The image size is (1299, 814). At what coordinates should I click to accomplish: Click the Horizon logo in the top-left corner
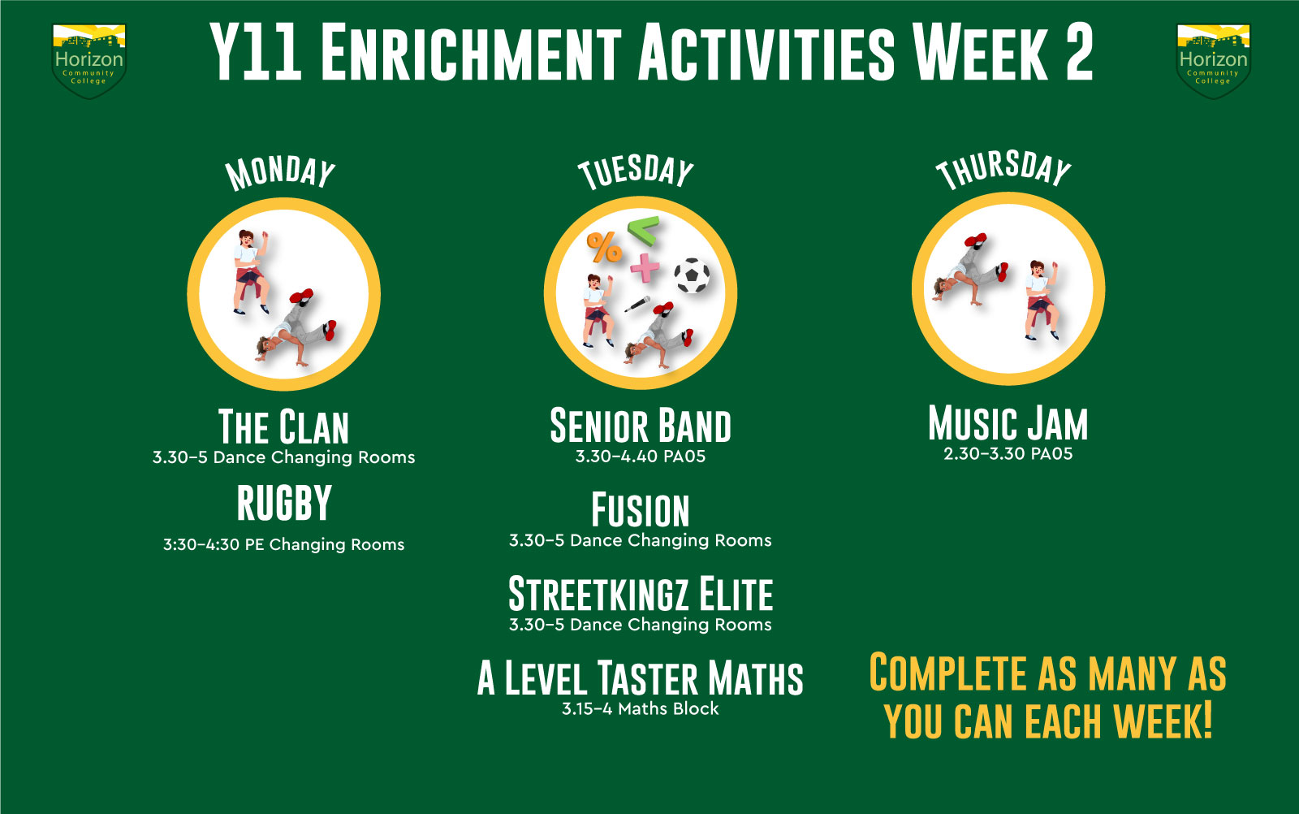[x=88, y=61]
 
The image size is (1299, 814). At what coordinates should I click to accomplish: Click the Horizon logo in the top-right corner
[x=1213, y=61]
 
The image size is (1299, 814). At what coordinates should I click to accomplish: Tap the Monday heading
[x=281, y=173]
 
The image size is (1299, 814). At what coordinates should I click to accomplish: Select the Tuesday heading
[x=637, y=171]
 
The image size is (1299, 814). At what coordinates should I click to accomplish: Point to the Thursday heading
[x=1003, y=170]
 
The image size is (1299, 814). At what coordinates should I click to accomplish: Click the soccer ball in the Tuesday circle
[x=692, y=275]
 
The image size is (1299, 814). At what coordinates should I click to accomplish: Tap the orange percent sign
[x=604, y=248]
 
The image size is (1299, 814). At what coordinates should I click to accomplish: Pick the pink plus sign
[x=645, y=267]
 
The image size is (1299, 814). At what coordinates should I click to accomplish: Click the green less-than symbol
[x=644, y=231]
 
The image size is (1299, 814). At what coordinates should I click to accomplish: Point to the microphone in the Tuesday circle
[x=637, y=304]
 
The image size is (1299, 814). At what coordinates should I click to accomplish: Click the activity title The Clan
[x=283, y=427]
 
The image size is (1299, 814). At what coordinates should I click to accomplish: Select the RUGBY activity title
[x=284, y=502]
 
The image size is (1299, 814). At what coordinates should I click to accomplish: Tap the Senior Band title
[x=641, y=425]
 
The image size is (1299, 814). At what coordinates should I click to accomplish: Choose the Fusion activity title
[x=641, y=509]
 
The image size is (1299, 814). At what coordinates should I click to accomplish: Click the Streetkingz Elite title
[x=641, y=594]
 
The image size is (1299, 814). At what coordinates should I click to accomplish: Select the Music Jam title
[x=1008, y=423]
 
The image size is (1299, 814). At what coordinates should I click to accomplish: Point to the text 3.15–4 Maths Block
[x=641, y=708]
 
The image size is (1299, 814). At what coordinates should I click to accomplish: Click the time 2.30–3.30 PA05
[x=1008, y=453]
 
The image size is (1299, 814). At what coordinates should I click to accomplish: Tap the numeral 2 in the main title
[x=1079, y=52]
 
